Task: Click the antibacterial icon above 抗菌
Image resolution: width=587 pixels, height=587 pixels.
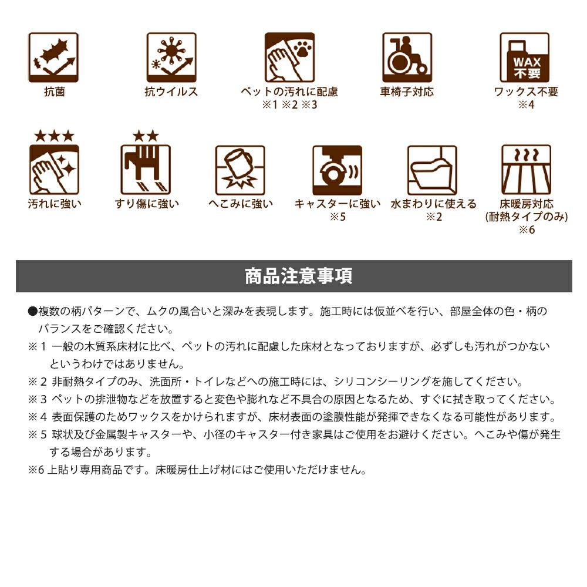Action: [x=53, y=58]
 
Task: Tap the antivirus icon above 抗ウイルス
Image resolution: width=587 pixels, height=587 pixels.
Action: [x=171, y=58]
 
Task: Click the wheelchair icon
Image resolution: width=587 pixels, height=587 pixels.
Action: [x=407, y=58]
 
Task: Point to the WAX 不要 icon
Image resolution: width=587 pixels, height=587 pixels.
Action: [x=525, y=58]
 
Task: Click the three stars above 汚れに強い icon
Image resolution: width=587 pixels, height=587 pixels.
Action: [x=54, y=136]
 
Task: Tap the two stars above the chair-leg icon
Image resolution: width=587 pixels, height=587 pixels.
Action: [x=146, y=136]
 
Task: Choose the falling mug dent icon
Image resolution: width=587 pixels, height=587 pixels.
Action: [x=240, y=170]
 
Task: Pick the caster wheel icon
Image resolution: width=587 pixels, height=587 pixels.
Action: [x=338, y=170]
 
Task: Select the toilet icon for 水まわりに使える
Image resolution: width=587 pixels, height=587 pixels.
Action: [x=433, y=170]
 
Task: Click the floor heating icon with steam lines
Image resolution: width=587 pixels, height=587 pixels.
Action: [x=527, y=170]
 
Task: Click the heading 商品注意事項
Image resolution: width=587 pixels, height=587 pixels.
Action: [x=298, y=276]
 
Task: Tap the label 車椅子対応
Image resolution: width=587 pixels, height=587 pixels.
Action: [x=407, y=92]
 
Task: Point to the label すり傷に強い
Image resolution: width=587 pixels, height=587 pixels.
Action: [x=147, y=204]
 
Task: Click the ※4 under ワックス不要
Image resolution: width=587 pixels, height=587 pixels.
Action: [x=526, y=105]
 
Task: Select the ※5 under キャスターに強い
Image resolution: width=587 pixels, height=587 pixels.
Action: [x=338, y=217]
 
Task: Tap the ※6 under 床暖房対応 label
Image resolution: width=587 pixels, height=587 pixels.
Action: [x=527, y=230]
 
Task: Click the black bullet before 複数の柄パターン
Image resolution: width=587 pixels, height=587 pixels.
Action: [x=32, y=312]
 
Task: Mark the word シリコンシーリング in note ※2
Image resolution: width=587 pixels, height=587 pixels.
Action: [x=382, y=382]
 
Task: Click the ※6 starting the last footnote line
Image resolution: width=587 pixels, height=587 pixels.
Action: [x=36, y=470]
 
